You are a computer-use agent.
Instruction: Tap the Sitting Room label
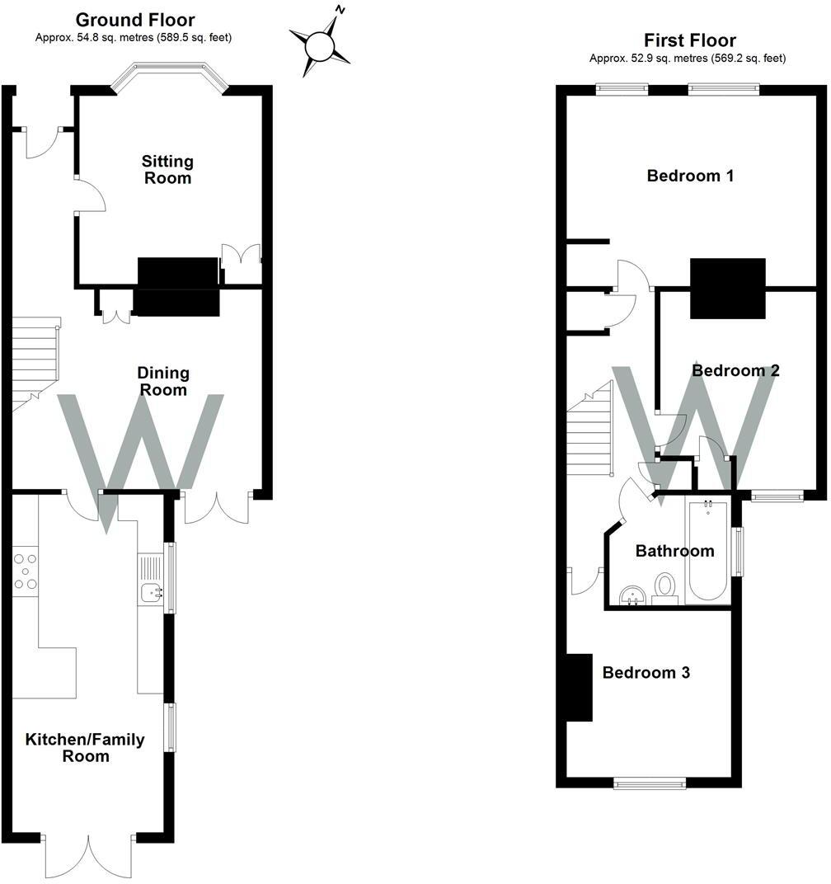click(167, 169)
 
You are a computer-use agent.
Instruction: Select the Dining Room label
click(163, 382)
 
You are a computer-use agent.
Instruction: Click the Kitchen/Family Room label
click(85, 747)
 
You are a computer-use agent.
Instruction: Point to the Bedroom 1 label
click(690, 176)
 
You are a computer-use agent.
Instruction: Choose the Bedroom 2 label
click(735, 371)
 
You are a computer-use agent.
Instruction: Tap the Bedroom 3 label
click(646, 673)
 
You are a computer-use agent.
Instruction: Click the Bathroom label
click(674, 551)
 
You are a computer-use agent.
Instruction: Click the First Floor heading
click(689, 40)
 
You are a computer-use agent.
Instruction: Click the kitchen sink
click(152, 590)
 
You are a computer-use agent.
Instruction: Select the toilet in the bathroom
click(664, 589)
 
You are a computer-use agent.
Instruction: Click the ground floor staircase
click(34, 363)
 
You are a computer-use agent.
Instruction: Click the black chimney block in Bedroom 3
click(580, 688)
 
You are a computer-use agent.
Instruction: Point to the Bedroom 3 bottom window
click(650, 783)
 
